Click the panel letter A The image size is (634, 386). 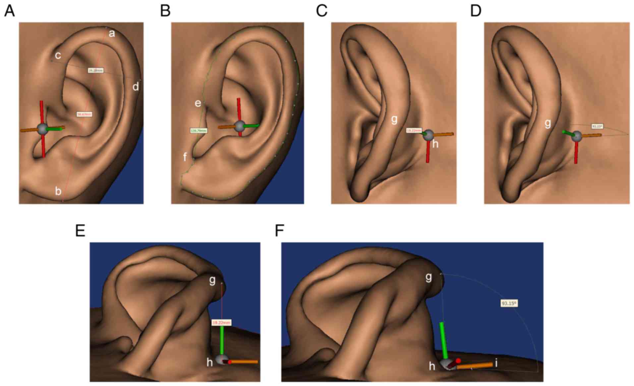pos(9,11)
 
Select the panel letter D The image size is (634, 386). pos(476,11)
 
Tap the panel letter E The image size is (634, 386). pos(80,231)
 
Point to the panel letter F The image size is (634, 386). pos(279,231)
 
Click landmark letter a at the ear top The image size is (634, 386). pos(112,33)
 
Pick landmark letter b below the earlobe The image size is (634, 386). pos(58,191)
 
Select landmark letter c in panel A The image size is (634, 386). pos(58,55)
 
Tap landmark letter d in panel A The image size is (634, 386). pos(136,87)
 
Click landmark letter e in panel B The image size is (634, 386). pos(198,103)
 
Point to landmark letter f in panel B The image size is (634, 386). pos(185,157)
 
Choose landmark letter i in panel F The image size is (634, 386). pos(496,363)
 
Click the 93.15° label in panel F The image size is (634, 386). pos(509,303)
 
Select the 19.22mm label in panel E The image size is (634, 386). pos(221,322)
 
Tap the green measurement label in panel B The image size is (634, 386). pos(199,130)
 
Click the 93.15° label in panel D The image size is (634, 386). pos(597,126)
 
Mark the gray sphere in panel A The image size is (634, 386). pos(42,129)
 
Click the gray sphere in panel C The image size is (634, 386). pos(428,134)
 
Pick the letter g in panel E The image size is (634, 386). pos(212,281)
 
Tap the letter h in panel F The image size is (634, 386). pos(432,366)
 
